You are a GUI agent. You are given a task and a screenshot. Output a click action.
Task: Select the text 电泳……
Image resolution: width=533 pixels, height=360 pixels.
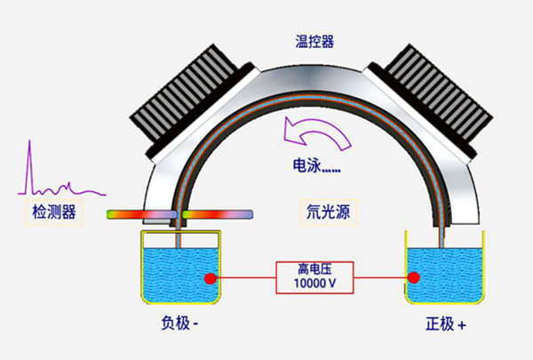pos(318,165)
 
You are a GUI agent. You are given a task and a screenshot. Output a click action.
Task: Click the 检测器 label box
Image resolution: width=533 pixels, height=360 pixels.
pos(54,211)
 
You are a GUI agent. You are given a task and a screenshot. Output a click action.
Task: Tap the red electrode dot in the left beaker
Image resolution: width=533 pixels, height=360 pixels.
pos(211,278)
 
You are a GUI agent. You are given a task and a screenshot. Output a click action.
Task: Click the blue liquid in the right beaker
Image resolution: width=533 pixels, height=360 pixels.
pos(444,271)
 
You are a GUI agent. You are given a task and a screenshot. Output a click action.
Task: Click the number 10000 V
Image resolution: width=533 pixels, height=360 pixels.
pos(314,284)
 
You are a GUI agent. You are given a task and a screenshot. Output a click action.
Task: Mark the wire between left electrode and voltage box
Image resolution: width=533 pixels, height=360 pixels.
pos(244,278)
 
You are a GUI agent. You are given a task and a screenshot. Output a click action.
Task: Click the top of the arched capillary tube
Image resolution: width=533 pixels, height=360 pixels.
pos(310,87)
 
